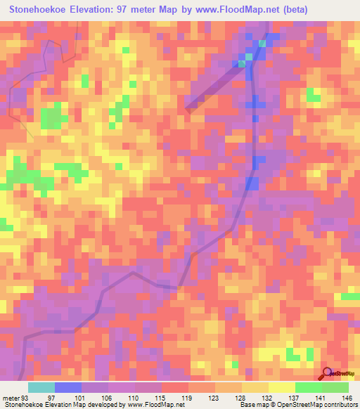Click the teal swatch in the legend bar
click(41, 387)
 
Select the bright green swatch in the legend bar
click(308, 387)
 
